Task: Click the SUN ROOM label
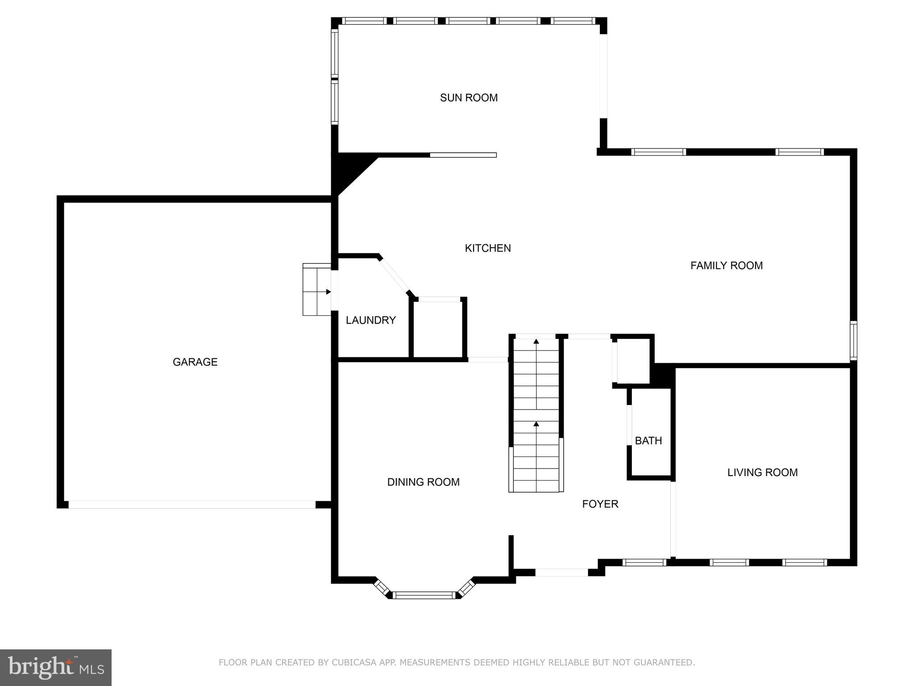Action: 469,98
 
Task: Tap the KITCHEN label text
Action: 488,248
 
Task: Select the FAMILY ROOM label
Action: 727,266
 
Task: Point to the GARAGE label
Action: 195,362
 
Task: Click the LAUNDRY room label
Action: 370,320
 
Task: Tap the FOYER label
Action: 600,504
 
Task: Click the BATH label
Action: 648,441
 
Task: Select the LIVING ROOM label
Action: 762,473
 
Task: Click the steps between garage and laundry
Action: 316,289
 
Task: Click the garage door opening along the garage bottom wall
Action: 192,505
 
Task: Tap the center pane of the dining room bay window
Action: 424,595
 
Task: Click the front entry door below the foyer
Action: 561,573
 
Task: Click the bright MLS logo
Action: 56,667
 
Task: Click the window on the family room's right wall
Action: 853,340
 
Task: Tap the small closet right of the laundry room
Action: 438,330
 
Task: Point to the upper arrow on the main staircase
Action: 536,342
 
